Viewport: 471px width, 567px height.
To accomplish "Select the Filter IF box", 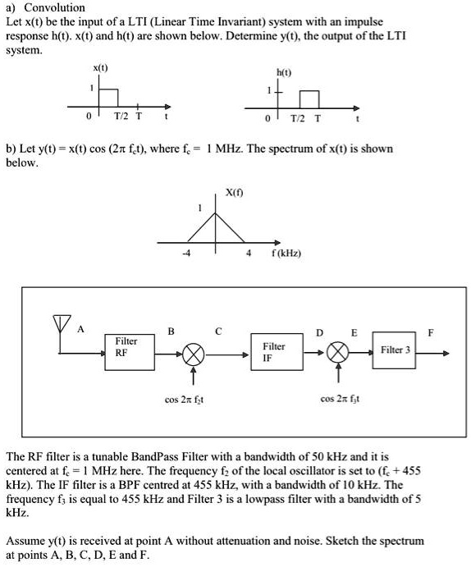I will [x=273, y=351].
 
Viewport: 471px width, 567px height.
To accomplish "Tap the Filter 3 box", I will [x=396, y=350].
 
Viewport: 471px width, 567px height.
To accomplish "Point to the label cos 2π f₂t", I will [x=184, y=400].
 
